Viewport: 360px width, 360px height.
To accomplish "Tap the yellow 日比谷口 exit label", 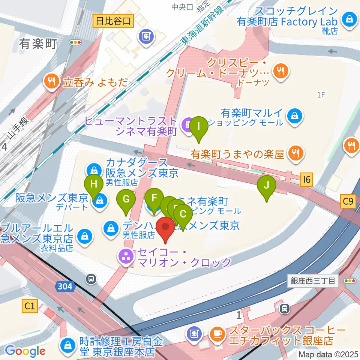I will click(113, 21).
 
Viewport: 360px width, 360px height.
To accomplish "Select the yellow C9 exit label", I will click(348, 202).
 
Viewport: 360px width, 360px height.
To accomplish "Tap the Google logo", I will click(25, 351).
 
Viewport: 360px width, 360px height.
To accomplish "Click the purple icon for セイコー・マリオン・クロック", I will click(124, 256).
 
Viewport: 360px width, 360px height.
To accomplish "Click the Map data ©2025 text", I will click(328, 354).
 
